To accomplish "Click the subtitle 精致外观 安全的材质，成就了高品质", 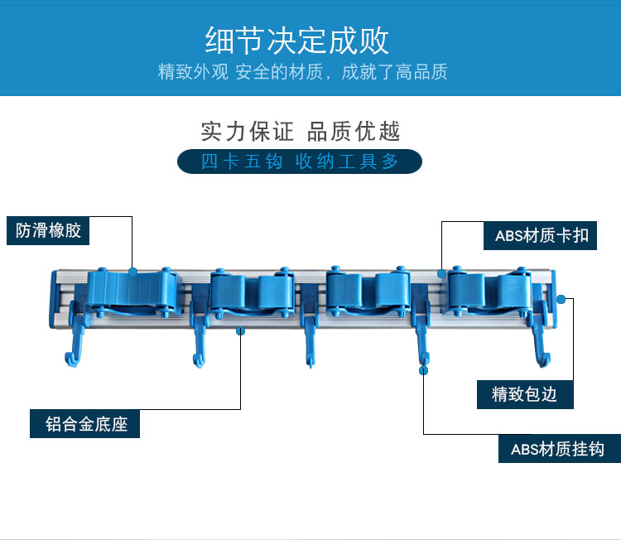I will pos(302,72).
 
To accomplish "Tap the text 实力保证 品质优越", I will pos(301,131).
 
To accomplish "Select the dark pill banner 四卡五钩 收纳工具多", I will pos(300,161).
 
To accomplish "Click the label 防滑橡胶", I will pos(49,230).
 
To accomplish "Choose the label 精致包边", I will pos(525,394).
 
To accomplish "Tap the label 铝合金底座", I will pos(86,424).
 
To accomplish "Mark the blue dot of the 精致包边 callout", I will pos(561,300).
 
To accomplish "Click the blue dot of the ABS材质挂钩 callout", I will pos(424,372).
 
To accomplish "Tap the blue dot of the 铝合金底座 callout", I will pos(241,330).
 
